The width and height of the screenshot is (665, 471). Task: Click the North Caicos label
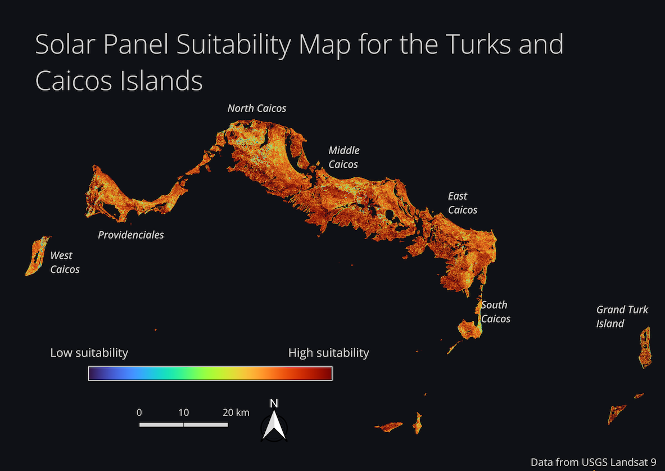(256, 108)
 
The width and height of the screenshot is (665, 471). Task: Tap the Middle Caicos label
(343, 158)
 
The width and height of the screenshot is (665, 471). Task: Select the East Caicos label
(462, 203)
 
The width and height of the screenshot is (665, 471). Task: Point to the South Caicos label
(495, 312)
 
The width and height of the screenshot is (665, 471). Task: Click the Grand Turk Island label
(622, 316)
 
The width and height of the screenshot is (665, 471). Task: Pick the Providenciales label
(131, 235)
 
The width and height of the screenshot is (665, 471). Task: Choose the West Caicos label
(65, 262)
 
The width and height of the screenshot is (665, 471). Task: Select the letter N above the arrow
(274, 403)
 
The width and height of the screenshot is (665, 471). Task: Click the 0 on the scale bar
(139, 412)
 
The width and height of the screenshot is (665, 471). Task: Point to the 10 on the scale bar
(184, 412)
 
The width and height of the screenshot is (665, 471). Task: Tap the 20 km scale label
(236, 412)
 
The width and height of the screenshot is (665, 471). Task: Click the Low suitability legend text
(89, 353)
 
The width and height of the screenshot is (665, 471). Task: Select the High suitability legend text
(328, 353)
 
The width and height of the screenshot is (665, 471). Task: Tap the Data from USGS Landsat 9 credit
(593, 462)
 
